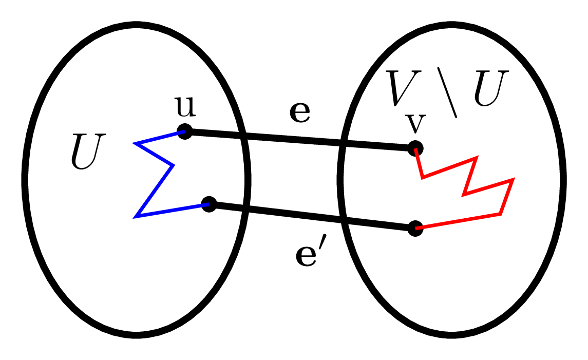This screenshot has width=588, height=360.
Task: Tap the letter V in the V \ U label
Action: [405, 88]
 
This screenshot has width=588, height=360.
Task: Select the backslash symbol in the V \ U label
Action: [447, 92]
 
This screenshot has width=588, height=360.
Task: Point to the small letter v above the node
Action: [415, 123]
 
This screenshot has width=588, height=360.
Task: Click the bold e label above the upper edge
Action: [300, 113]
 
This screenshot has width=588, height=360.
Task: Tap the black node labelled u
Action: [184, 131]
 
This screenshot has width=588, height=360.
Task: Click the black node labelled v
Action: [415, 149]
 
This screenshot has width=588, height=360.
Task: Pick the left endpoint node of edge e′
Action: [208, 204]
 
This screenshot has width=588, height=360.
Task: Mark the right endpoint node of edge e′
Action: [415, 229]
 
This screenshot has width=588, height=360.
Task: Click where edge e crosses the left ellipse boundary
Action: [243, 136]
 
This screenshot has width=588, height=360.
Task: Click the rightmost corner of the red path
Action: [513, 180]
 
